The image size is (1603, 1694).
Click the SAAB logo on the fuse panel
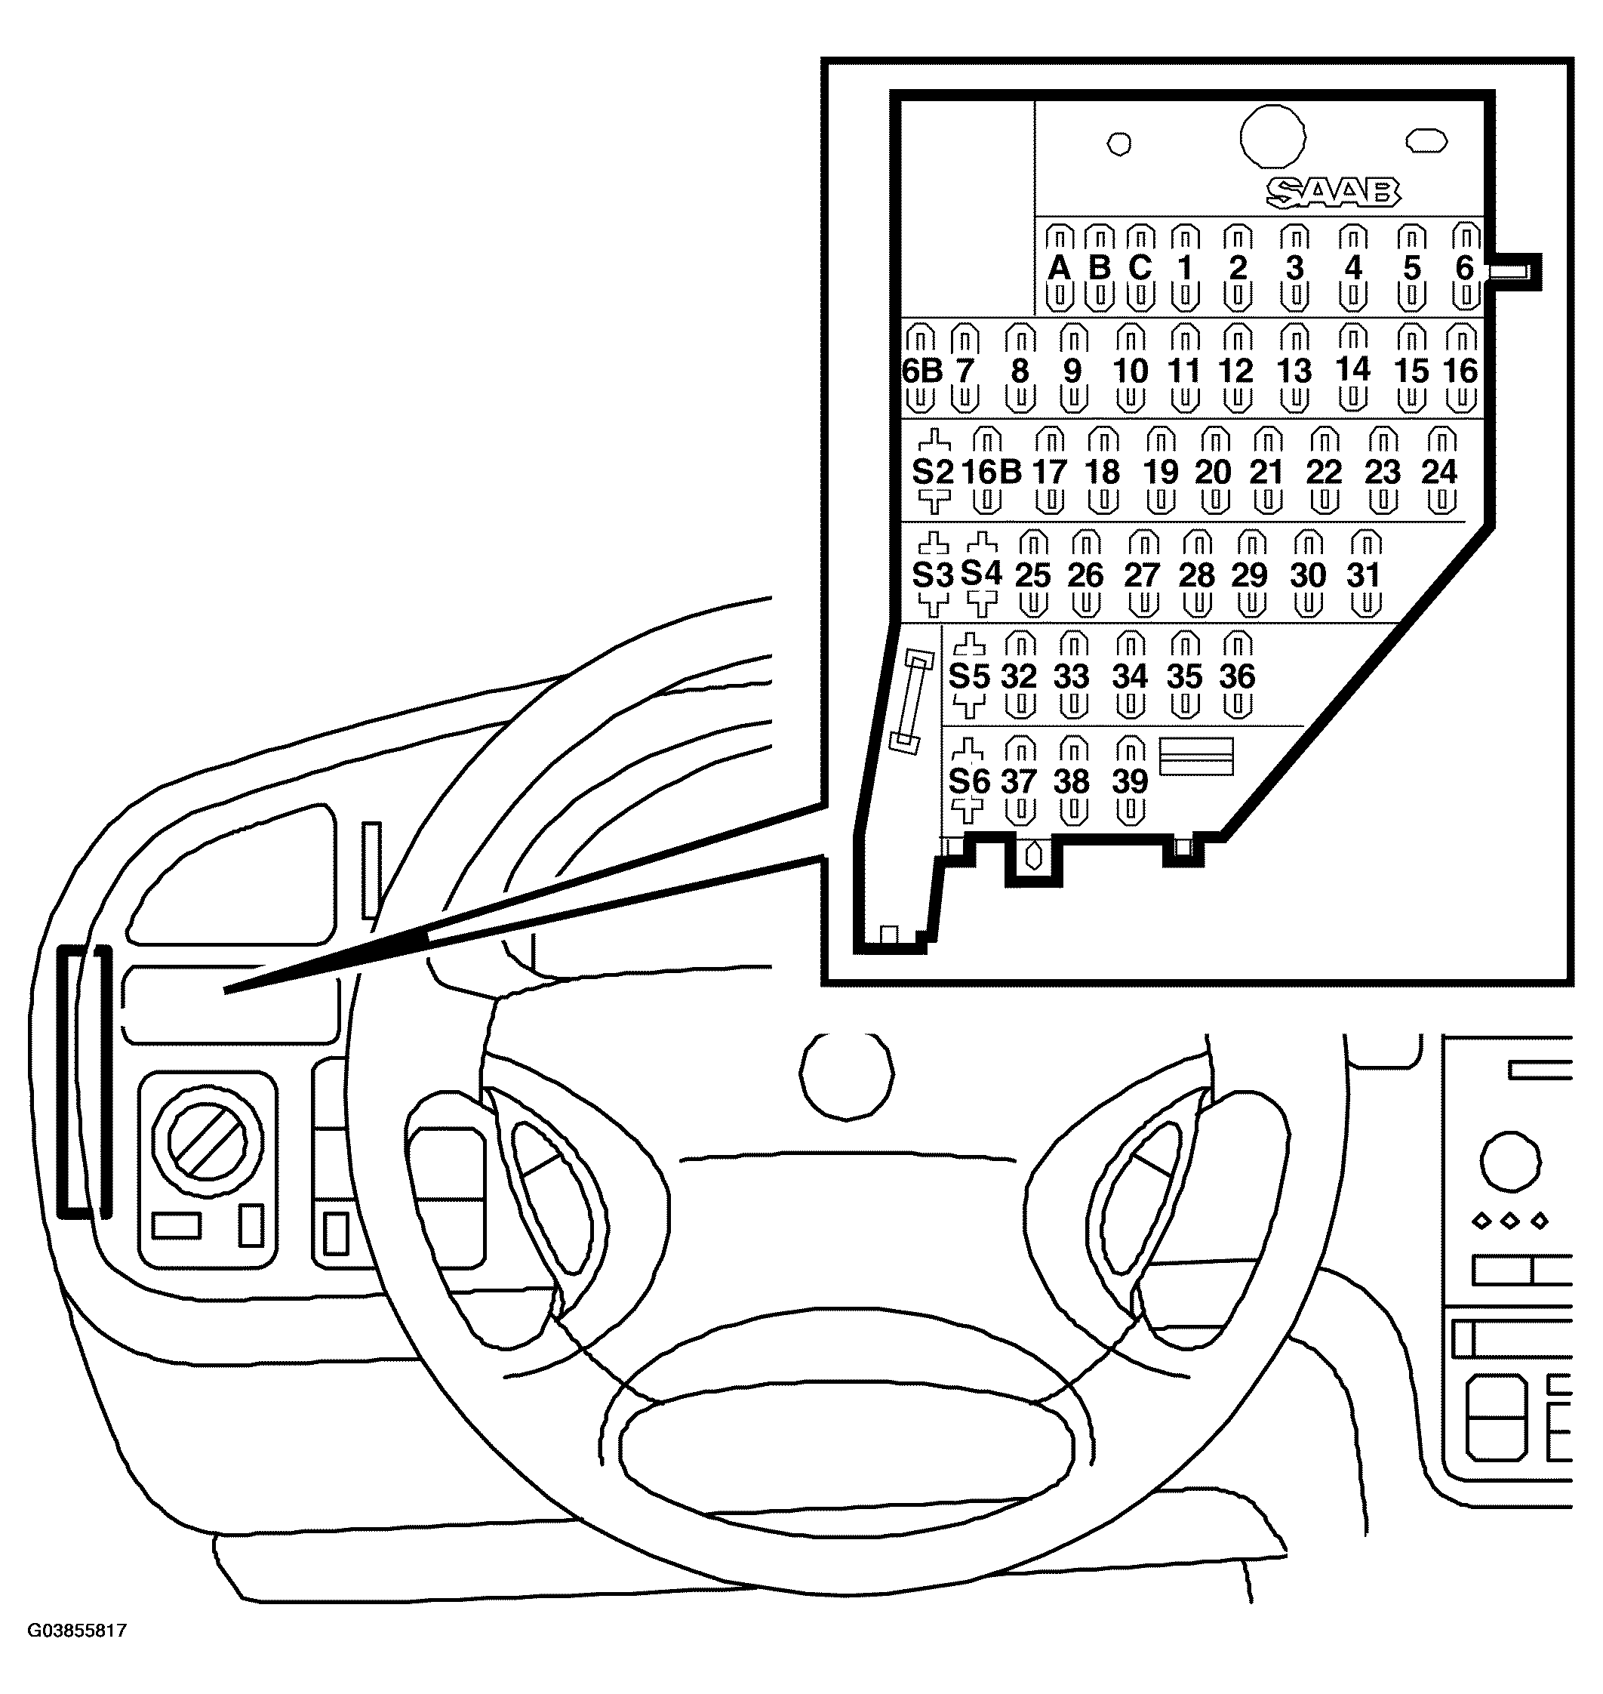(x=1332, y=193)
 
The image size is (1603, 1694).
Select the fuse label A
(x=1059, y=269)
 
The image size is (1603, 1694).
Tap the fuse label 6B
(x=922, y=371)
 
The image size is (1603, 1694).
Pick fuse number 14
(x=1352, y=369)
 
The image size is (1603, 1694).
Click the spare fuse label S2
(x=932, y=472)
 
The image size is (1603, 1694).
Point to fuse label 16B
(x=991, y=472)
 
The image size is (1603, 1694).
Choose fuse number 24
(x=1439, y=472)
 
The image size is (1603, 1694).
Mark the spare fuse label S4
(x=981, y=573)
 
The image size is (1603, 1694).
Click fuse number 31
(x=1364, y=575)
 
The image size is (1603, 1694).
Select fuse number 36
(x=1236, y=677)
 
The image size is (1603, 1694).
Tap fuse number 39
(x=1130, y=781)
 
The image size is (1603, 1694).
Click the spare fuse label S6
(x=969, y=781)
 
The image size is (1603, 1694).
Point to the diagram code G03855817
(x=77, y=1630)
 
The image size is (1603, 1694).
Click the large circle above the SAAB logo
(x=1272, y=137)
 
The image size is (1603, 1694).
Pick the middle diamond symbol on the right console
(x=1510, y=1221)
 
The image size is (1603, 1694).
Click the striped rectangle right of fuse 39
(x=1195, y=756)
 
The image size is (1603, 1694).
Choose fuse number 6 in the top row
(x=1465, y=269)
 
